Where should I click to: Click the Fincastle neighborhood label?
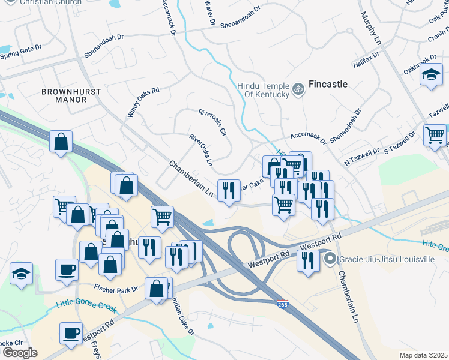click(328, 84)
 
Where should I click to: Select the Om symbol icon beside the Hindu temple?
click(298, 89)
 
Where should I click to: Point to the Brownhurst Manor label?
click(64, 95)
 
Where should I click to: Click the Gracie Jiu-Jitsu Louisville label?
click(387, 260)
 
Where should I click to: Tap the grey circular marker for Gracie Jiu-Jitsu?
click(330, 259)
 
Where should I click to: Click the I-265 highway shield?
click(283, 304)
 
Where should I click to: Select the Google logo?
click(20, 352)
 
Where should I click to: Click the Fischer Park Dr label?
click(115, 288)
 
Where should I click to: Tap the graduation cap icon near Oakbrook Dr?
click(431, 76)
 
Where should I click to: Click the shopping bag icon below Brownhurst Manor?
click(61, 142)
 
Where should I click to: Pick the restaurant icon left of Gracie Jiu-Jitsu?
click(306, 260)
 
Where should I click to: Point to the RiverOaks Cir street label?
click(212, 122)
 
